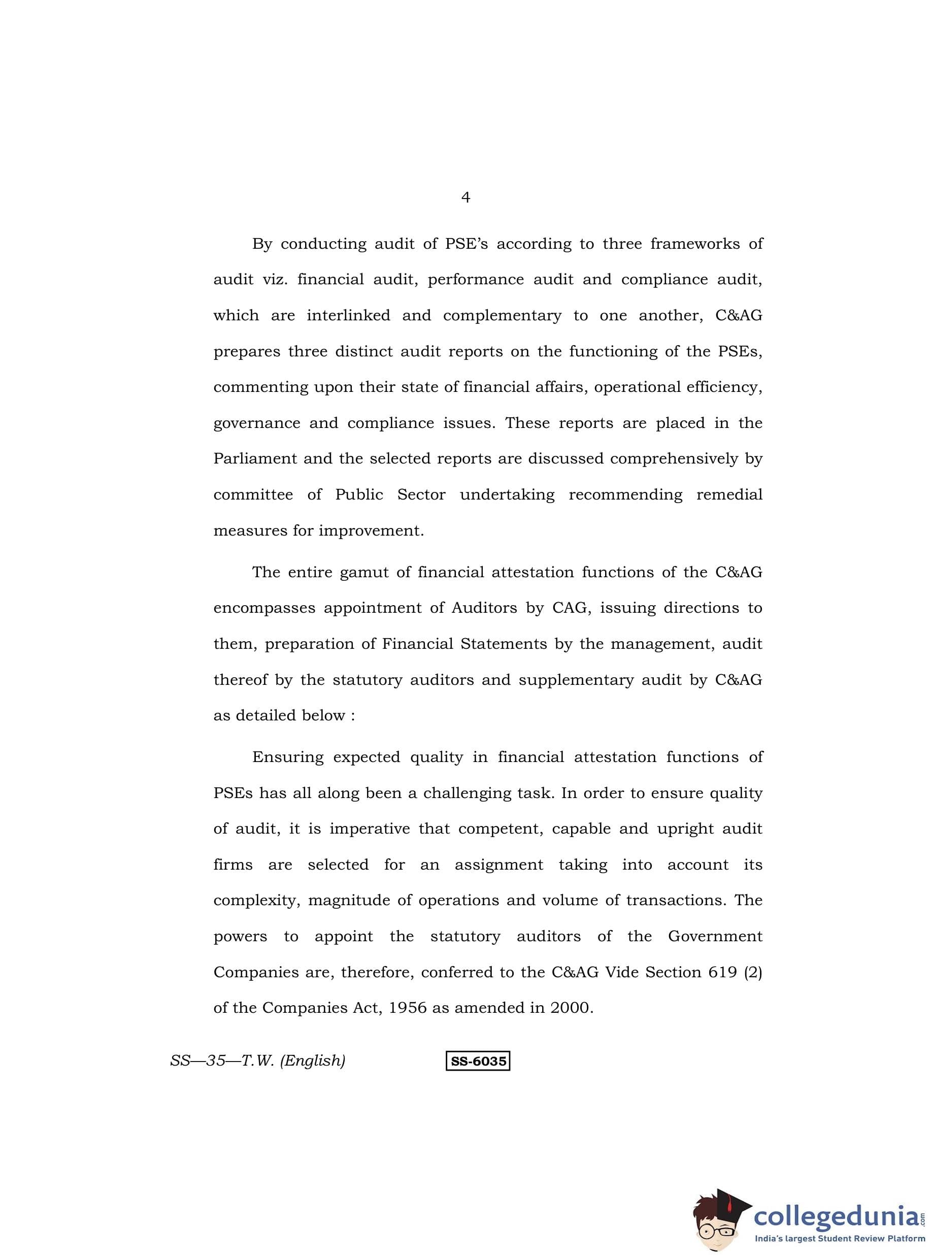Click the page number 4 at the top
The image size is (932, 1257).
click(x=465, y=197)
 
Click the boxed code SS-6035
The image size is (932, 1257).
click(x=478, y=1061)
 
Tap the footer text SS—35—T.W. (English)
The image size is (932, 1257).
click(x=258, y=1061)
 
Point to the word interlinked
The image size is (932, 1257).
click(x=348, y=315)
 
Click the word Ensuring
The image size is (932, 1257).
click(x=288, y=757)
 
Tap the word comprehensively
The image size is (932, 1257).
click(x=674, y=458)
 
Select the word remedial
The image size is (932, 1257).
click(x=729, y=495)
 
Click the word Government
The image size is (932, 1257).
click(x=715, y=937)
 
